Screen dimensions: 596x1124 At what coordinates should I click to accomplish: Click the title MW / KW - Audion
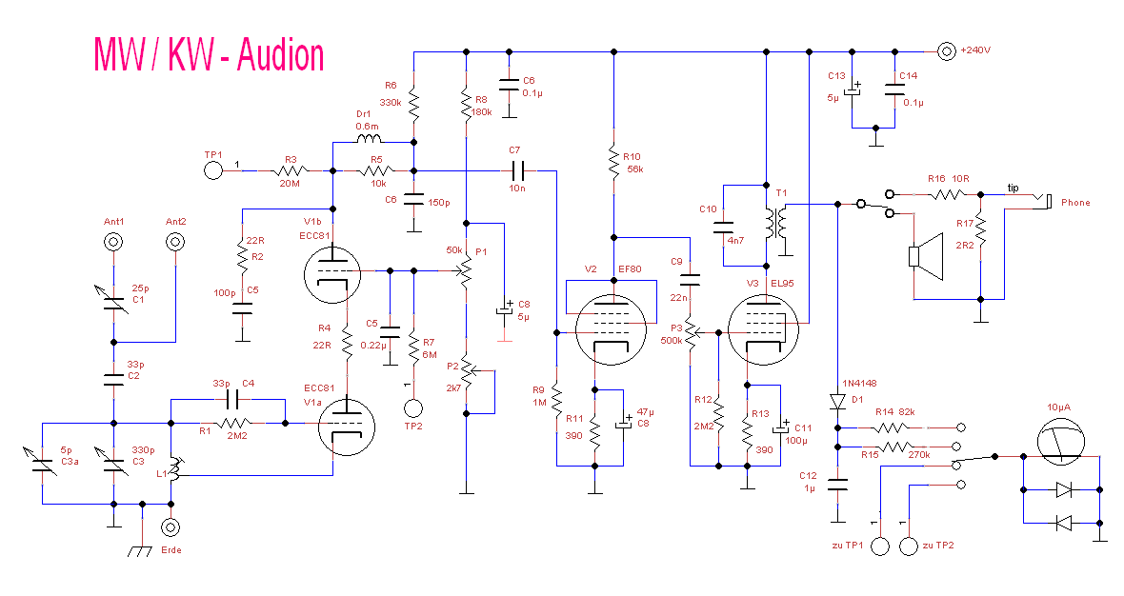coord(209,55)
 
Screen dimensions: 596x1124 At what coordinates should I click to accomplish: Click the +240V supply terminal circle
coord(946,51)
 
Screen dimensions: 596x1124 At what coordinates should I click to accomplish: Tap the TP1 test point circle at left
coord(212,171)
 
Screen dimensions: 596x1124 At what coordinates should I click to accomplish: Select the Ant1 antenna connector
coord(114,242)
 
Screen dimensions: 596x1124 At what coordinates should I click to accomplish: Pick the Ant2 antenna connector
coord(175,242)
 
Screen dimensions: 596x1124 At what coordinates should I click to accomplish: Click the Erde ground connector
coord(172,526)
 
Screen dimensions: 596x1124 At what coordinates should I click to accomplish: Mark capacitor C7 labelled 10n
coord(517,171)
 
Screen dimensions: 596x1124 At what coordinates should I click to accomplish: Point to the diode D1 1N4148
coord(837,401)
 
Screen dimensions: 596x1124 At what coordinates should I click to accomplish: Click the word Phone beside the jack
coord(1075,203)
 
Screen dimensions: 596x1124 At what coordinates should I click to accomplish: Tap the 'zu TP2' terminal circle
coord(909,546)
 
